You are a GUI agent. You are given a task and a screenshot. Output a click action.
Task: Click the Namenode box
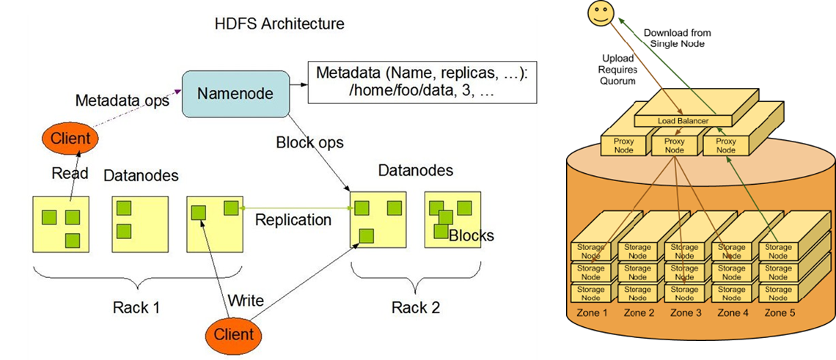234,93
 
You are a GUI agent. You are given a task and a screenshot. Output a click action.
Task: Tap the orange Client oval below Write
233,334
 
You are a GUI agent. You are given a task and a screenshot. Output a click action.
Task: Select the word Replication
293,219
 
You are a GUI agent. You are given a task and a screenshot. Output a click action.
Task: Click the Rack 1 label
136,307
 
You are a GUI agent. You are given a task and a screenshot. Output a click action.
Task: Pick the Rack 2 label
416,307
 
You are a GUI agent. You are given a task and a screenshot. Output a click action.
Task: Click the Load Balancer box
673,121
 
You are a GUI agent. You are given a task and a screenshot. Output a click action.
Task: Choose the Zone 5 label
778,313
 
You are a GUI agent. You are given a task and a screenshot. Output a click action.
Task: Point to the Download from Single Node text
677,38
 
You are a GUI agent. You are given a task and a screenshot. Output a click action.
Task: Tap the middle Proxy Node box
674,145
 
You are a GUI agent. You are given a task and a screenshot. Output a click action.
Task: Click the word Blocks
471,235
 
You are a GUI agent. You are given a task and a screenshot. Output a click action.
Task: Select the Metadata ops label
122,100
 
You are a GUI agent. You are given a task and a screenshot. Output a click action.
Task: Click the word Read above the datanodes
70,173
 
